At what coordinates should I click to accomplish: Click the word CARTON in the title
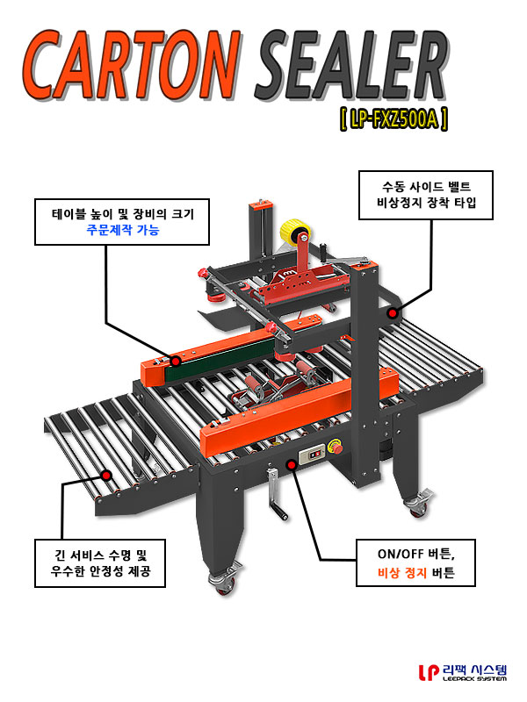point(131,66)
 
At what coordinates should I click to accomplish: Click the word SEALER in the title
point(353,66)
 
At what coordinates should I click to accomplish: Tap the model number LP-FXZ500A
point(393,119)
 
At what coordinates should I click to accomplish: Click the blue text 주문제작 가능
point(123,231)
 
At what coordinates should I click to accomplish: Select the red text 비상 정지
point(402,573)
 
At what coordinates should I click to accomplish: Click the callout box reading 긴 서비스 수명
point(100,563)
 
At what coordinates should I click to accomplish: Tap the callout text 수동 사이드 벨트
point(426,187)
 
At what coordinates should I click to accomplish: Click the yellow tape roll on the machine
point(295,230)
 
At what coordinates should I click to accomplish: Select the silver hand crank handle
point(277,495)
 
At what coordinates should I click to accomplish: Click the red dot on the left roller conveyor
point(106,475)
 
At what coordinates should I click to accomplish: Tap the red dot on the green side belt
point(176,361)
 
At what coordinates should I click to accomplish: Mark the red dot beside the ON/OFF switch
point(292,465)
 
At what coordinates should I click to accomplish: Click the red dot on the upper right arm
point(392,313)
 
